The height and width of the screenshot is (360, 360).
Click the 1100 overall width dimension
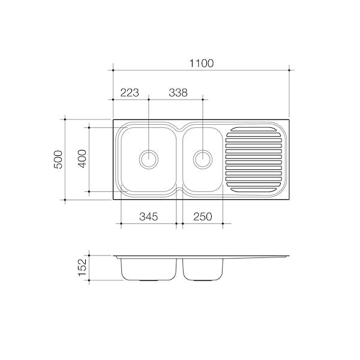coord(202,64)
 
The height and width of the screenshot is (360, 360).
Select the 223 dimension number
coord(130,92)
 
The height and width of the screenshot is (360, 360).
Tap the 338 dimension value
coord(178,92)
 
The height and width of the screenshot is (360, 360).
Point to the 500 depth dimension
coord(58,160)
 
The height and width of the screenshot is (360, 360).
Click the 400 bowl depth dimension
coord(82,158)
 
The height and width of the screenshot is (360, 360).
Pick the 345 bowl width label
coord(149,217)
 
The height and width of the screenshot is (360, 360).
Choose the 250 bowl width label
coord(203,217)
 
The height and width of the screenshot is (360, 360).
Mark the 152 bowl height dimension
coord(82,268)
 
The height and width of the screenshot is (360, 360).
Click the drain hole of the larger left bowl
coord(149,160)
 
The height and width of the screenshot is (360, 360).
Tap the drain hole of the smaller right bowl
coord(203,160)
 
